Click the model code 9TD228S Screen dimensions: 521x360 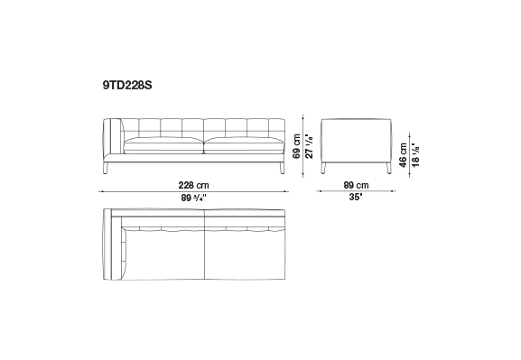[127, 86]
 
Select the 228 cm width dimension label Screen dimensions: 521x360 [194, 185]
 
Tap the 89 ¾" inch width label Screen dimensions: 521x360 [194, 198]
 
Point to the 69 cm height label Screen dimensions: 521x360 [297, 146]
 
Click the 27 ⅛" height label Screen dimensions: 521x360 [309, 146]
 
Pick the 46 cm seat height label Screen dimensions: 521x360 [403, 155]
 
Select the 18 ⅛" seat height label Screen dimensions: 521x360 [415, 155]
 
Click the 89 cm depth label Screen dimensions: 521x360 [356, 185]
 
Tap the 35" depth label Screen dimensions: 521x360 [356, 197]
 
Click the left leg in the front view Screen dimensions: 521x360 [107, 168]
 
